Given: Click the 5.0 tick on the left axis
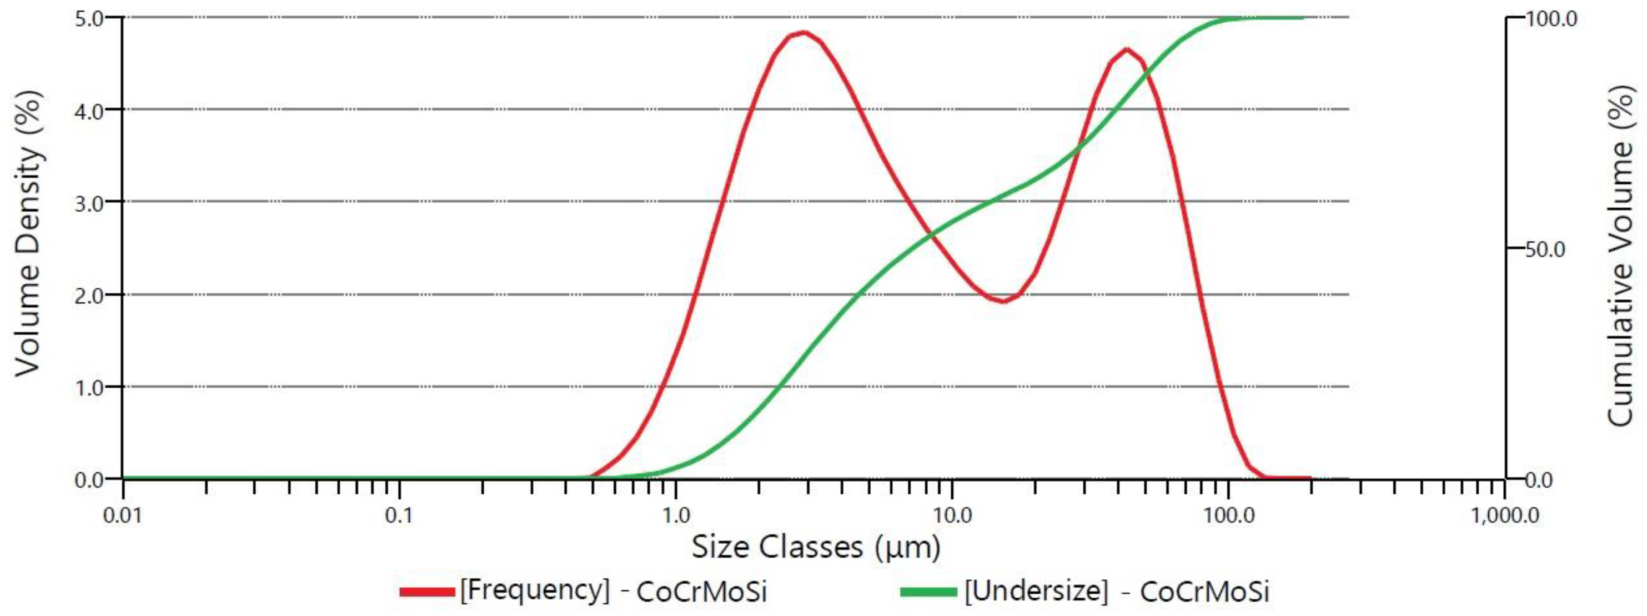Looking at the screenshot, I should pyautogui.click(x=93, y=18).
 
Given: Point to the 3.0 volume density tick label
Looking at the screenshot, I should pyautogui.click(x=93, y=203).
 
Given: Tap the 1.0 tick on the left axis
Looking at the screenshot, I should pyautogui.click(x=93, y=388).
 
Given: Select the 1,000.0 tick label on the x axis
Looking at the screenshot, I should pyautogui.click(x=1504, y=515).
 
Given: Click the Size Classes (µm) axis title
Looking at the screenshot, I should pyautogui.click(x=816, y=548).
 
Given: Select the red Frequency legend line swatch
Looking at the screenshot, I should pyautogui.click(x=427, y=592).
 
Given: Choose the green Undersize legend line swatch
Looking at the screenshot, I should pyautogui.click(x=928, y=592).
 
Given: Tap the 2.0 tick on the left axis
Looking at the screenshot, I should pyautogui.click(x=93, y=296).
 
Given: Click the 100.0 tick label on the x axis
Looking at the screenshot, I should pyautogui.click(x=1228, y=515).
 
